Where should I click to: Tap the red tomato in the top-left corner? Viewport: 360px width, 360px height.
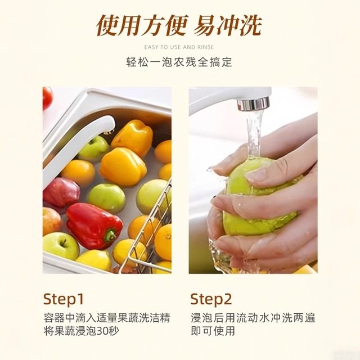[x=47, y=97]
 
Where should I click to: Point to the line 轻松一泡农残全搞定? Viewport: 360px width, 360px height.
[x=179, y=62]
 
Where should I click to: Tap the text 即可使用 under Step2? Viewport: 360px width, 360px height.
[x=213, y=331]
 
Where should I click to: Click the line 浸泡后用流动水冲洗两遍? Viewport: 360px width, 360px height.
[x=254, y=317]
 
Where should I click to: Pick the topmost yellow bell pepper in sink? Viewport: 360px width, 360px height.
[x=132, y=137]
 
